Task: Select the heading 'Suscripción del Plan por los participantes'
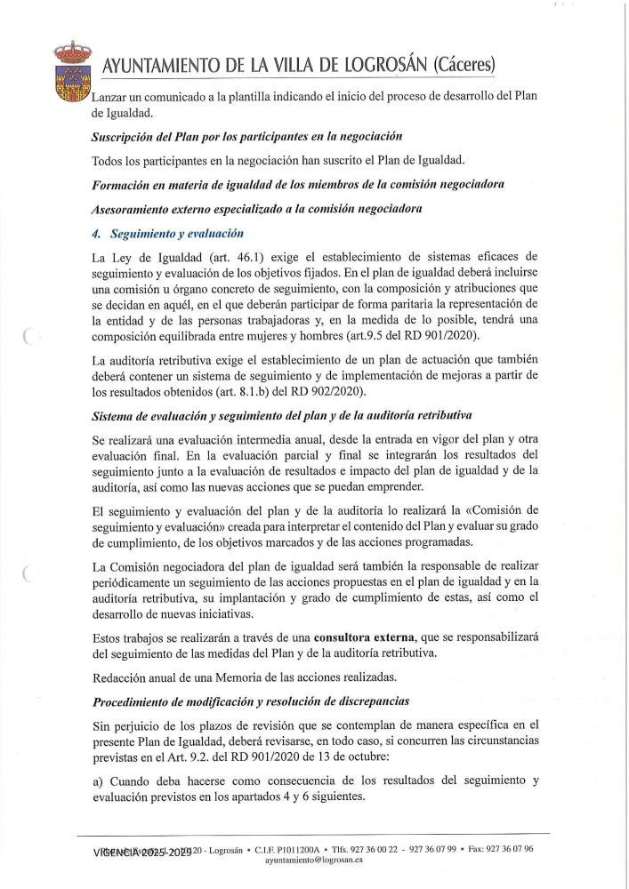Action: point(247,137)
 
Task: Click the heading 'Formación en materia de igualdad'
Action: point(299,186)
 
